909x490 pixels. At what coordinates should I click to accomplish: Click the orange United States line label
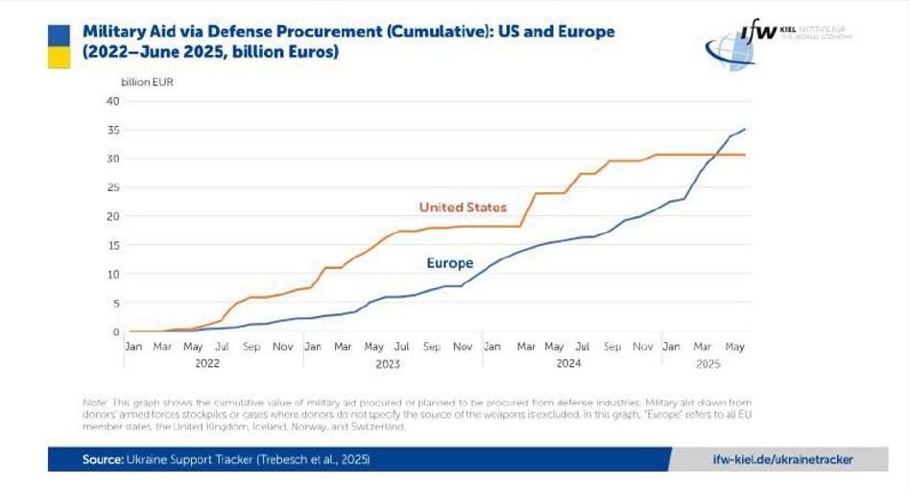click(463, 208)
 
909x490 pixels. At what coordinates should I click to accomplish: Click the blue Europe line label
click(450, 263)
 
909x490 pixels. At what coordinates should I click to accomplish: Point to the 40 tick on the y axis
click(112, 101)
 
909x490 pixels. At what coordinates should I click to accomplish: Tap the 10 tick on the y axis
click(112, 274)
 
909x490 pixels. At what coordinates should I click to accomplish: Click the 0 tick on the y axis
click(115, 331)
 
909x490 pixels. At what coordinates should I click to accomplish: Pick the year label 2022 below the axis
click(207, 364)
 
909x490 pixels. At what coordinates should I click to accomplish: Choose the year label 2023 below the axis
click(387, 364)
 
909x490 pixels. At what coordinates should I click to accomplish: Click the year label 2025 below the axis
click(707, 364)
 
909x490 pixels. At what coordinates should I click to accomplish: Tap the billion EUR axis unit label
click(147, 82)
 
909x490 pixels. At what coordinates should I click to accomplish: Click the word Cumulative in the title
click(439, 32)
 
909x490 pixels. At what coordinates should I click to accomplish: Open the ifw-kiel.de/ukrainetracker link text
click(783, 459)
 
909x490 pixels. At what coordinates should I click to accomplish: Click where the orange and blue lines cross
click(718, 155)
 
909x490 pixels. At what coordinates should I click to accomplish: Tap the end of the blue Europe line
click(746, 129)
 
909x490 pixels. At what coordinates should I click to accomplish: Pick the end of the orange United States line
click(746, 155)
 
